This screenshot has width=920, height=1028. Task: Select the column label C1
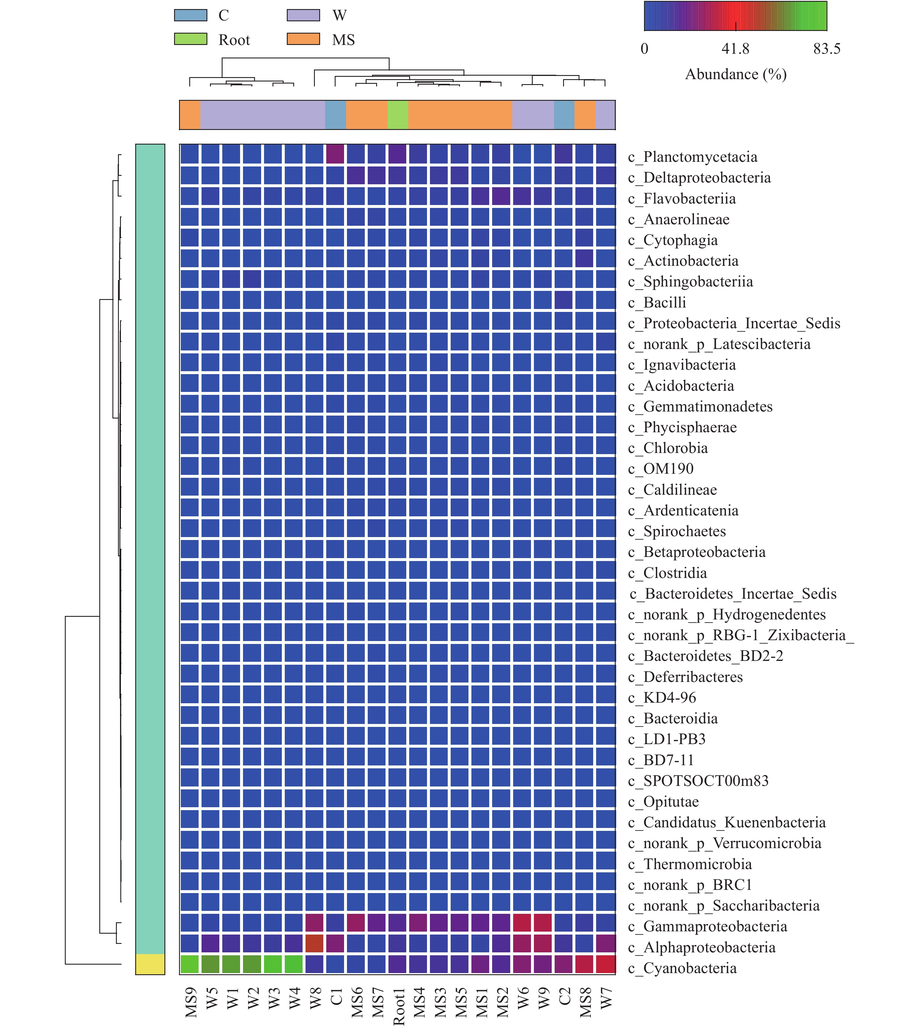(336, 997)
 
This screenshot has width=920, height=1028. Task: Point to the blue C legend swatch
(190, 15)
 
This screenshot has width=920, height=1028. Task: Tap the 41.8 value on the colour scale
(735, 49)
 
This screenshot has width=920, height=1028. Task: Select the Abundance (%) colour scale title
(735, 74)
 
